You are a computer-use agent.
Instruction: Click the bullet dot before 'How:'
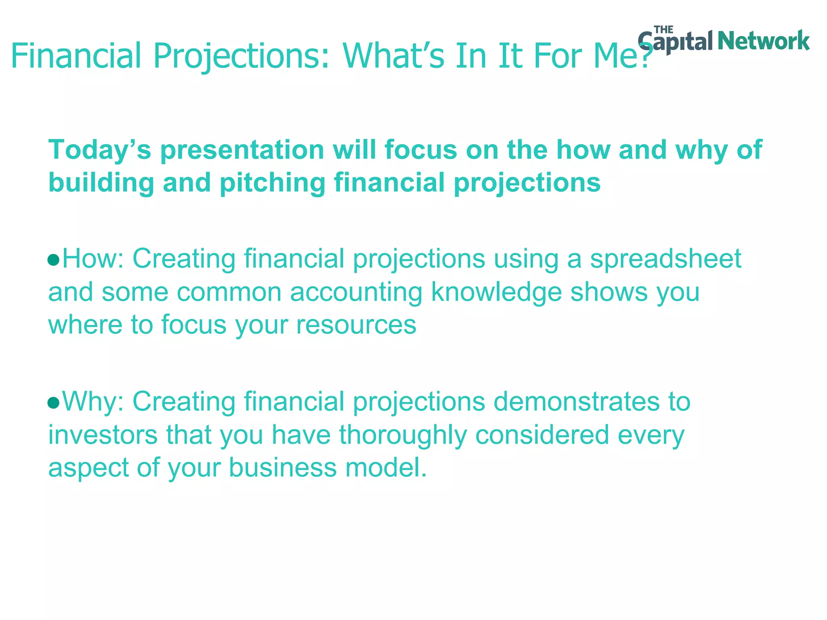click(x=53, y=260)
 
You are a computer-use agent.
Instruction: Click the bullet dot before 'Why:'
click(x=53, y=402)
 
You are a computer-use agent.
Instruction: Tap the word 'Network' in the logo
click(x=764, y=41)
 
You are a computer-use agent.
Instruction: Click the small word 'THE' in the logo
click(x=663, y=30)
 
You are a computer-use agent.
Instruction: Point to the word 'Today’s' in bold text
click(x=99, y=150)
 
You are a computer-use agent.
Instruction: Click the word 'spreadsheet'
click(x=665, y=259)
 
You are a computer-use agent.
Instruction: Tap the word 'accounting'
click(x=356, y=292)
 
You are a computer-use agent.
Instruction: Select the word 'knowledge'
click(x=496, y=292)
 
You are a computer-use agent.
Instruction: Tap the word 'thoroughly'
click(x=403, y=435)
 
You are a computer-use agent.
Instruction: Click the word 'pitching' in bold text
click(x=273, y=182)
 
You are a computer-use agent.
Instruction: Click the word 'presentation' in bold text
click(x=242, y=150)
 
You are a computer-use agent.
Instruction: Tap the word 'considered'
click(x=542, y=435)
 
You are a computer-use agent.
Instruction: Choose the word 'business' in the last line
click(x=283, y=468)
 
